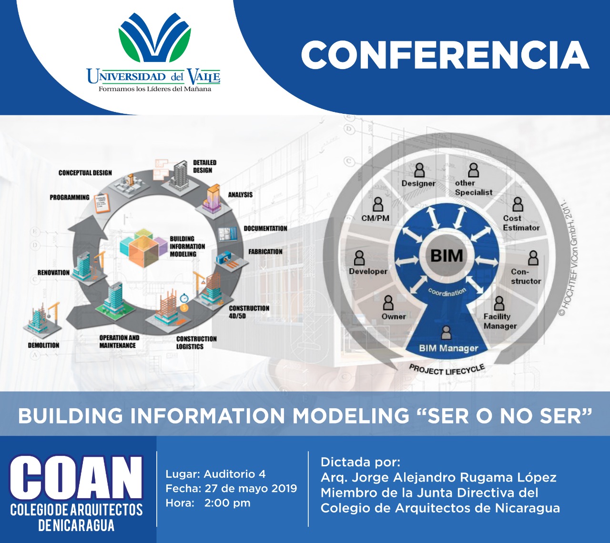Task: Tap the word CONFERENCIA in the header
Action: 445,56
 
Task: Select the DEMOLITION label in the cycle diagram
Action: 44,345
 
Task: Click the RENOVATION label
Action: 53,273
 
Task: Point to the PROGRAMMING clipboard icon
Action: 102,203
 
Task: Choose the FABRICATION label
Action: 265,251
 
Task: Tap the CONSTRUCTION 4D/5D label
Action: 249,312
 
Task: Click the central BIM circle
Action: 447,256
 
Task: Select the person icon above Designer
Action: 419,170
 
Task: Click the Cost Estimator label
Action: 521,223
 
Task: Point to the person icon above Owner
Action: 388,302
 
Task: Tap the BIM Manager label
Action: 448,349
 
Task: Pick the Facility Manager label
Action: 500,321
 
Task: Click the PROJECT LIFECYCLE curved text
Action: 447,370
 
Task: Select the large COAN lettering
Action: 76,477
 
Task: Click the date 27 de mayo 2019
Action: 251,489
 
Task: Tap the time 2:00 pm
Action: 227,503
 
